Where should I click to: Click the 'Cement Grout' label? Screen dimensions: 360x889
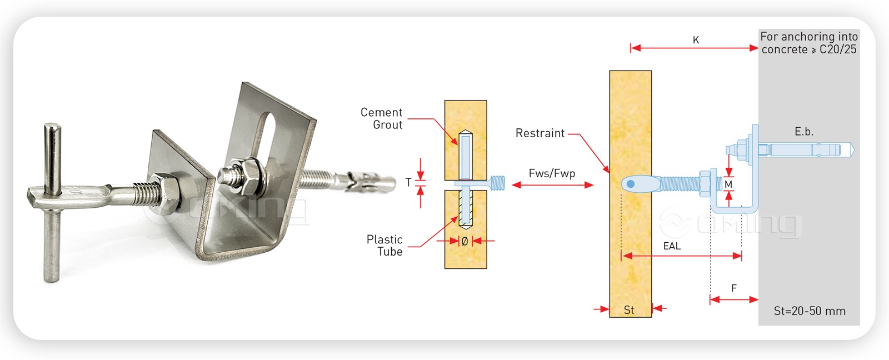381,118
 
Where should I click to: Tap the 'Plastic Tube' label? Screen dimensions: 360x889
384,245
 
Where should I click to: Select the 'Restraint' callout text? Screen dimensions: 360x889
540,133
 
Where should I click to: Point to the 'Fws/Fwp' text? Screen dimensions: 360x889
552,173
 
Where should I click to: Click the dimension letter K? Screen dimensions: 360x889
696,40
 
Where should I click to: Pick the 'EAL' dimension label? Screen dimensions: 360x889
672,246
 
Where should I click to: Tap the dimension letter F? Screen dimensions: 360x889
734,288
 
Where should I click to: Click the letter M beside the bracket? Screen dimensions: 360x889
728,184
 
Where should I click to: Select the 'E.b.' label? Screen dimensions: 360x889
803,132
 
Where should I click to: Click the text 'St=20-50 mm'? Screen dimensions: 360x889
810,311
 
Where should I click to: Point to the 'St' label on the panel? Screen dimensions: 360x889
629,310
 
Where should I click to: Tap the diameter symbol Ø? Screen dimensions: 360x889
465,241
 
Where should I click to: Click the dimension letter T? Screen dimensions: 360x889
408,182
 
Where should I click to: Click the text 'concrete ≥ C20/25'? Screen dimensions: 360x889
809,49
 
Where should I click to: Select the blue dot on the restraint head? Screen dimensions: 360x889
631,184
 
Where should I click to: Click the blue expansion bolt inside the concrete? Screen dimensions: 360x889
806,149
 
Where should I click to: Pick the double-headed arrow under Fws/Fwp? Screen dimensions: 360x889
552,185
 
